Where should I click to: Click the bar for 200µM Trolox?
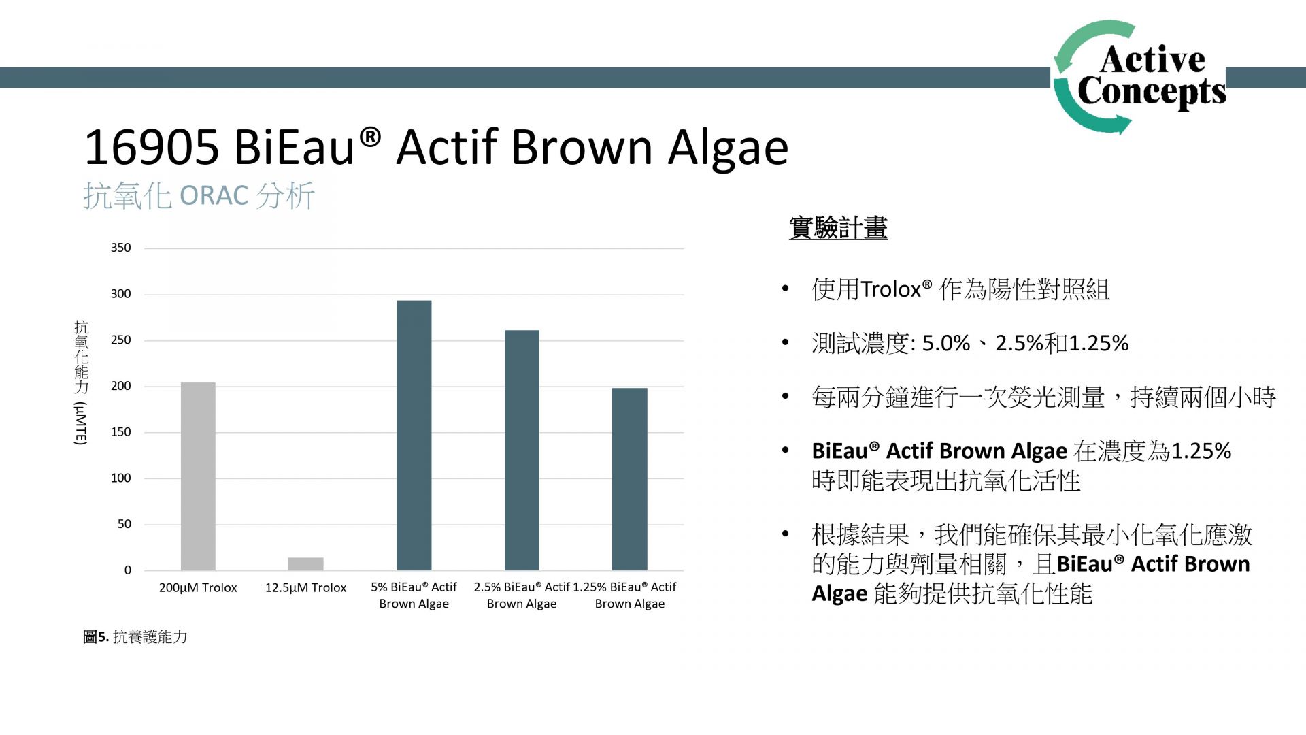198,476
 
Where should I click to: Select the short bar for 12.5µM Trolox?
305,564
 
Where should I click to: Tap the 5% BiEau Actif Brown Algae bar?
414,436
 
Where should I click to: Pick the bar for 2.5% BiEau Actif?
522,451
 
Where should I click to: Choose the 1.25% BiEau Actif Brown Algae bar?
630,479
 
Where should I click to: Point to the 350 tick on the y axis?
121,248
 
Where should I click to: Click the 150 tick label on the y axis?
121,432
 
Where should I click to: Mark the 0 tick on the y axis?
128,570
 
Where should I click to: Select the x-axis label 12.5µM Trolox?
305,587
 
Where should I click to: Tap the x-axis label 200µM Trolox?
198,587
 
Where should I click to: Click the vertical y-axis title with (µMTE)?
81,382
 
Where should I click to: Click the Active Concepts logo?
1139,77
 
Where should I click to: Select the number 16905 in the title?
152,147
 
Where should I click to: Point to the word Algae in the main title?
728,148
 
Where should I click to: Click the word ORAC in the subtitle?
214,196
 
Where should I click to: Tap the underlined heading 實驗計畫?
838,228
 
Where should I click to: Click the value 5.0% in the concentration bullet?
946,343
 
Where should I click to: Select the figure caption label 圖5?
96,637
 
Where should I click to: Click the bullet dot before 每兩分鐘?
785,395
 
